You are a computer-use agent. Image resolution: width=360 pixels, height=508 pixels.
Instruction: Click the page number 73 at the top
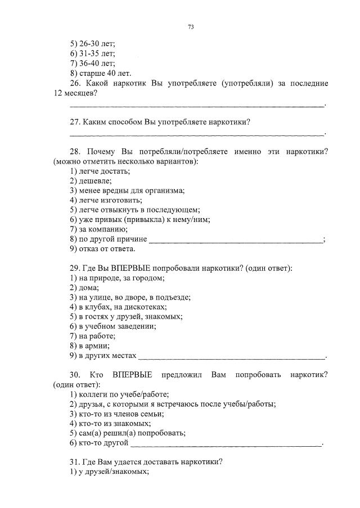(191, 26)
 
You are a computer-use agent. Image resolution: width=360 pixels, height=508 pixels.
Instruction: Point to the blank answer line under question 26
(197, 105)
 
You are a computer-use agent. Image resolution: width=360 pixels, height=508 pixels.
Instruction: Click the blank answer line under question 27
(197, 134)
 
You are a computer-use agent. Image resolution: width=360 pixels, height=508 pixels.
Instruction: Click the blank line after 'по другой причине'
(236, 241)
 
